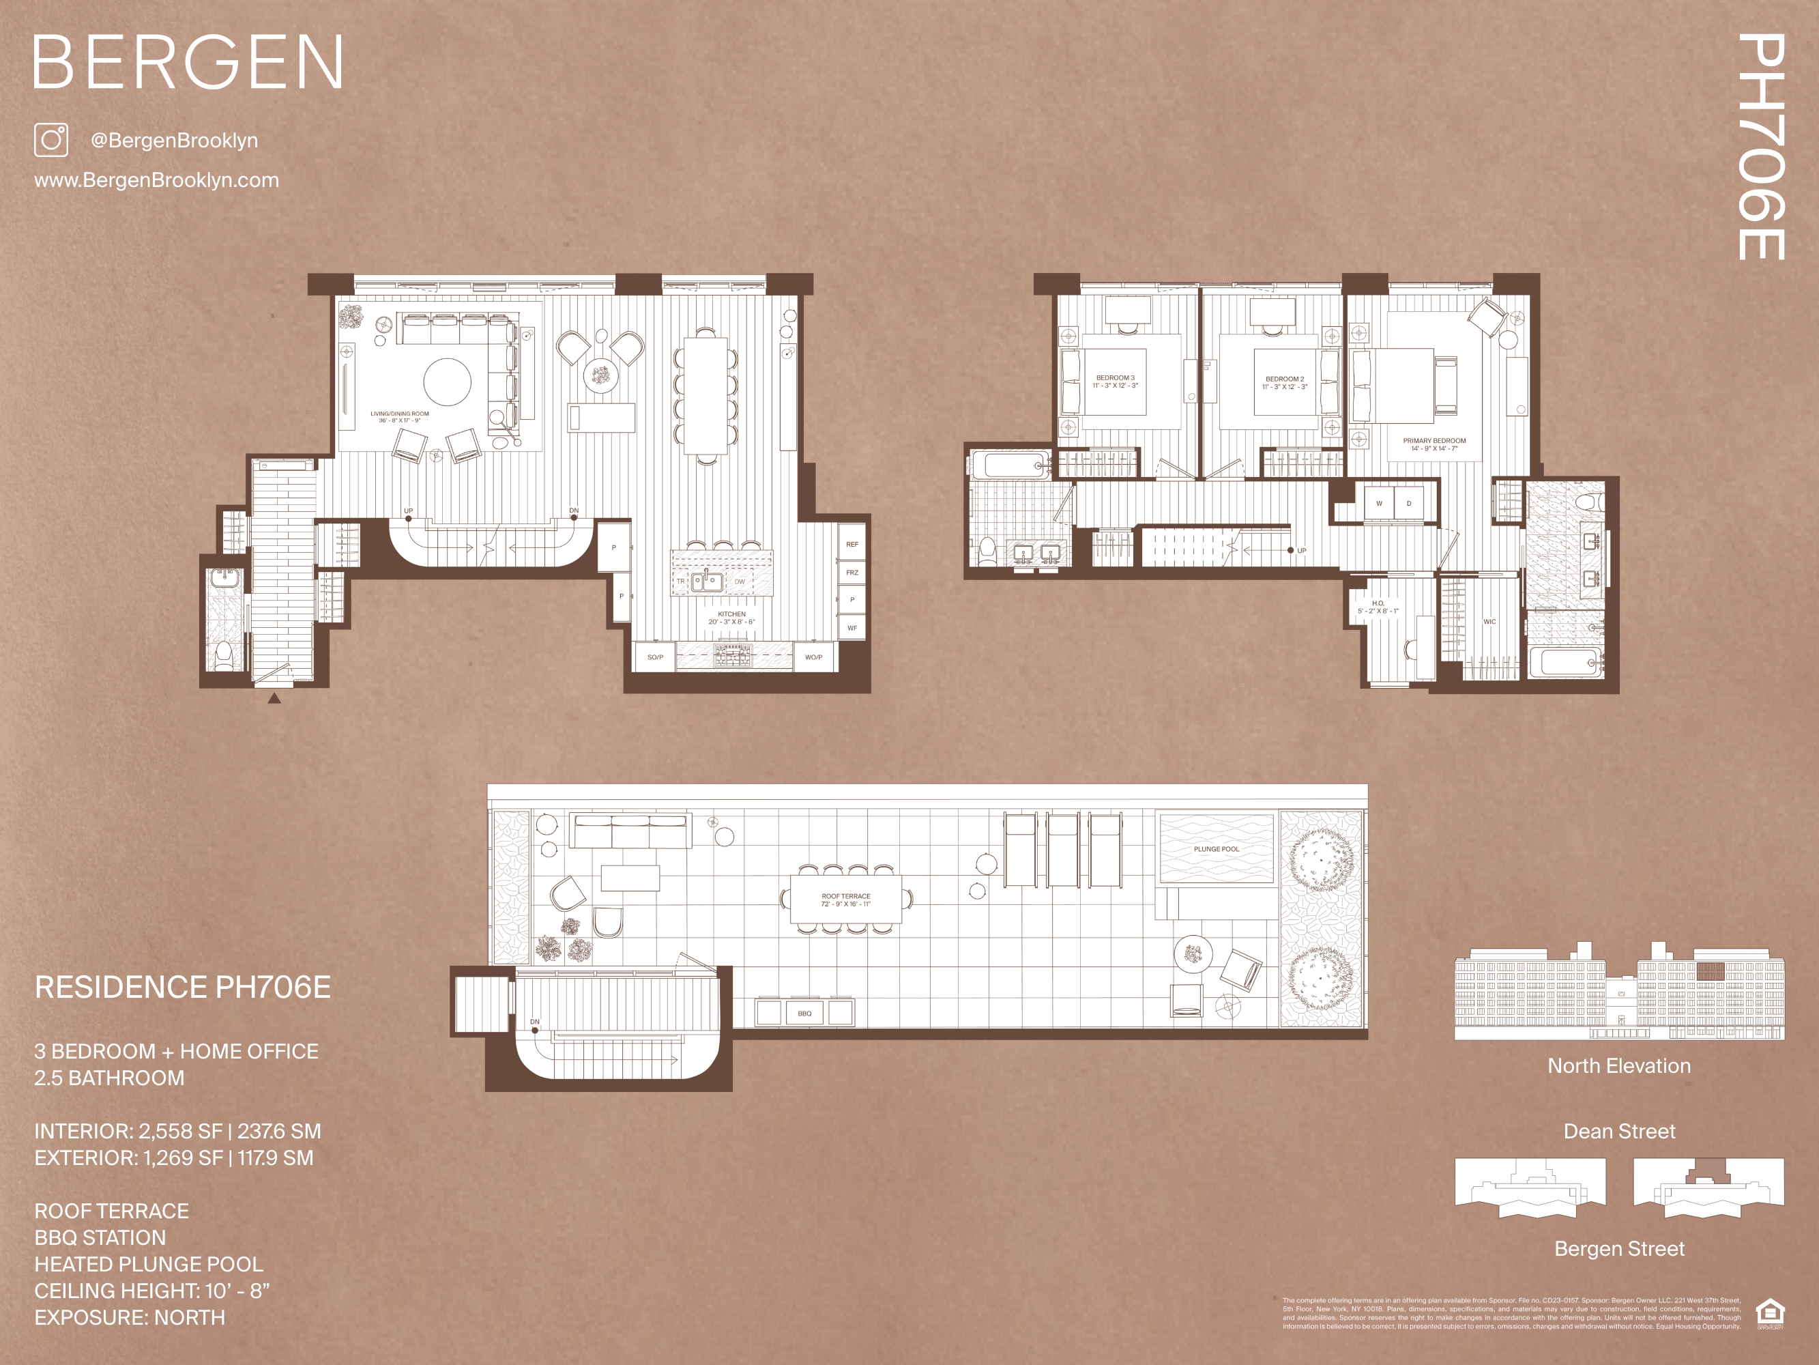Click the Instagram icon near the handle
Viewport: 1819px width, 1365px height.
pyautogui.click(x=51, y=140)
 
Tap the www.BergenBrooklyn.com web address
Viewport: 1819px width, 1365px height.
pyautogui.click(x=156, y=180)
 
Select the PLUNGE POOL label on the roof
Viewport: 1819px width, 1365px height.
pyautogui.click(x=1217, y=848)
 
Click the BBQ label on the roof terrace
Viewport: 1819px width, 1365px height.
pyautogui.click(x=804, y=1013)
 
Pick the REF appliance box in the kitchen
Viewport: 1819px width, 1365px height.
pyautogui.click(x=852, y=544)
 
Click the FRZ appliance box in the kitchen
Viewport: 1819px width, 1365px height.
pyautogui.click(x=852, y=572)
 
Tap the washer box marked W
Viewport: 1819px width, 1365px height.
pyautogui.click(x=1379, y=504)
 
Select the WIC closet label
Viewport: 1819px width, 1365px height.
pyautogui.click(x=1489, y=622)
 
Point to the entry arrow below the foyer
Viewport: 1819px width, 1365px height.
pyautogui.click(x=275, y=699)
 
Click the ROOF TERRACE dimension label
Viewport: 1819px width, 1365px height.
pyautogui.click(x=845, y=900)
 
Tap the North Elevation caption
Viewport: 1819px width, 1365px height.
pyautogui.click(x=1618, y=1066)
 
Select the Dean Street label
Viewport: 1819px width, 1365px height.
pyautogui.click(x=1618, y=1132)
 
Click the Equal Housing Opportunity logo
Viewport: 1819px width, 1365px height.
pyautogui.click(x=1770, y=1313)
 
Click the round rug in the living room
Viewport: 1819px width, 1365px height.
pyautogui.click(x=448, y=382)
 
